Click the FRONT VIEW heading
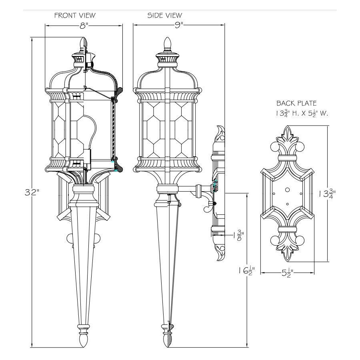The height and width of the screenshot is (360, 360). coord(75,16)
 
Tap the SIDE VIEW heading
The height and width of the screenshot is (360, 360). coord(164,16)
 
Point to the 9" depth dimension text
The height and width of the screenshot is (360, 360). coord(179,26)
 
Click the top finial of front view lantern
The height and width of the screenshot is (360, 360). coord(84,43)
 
